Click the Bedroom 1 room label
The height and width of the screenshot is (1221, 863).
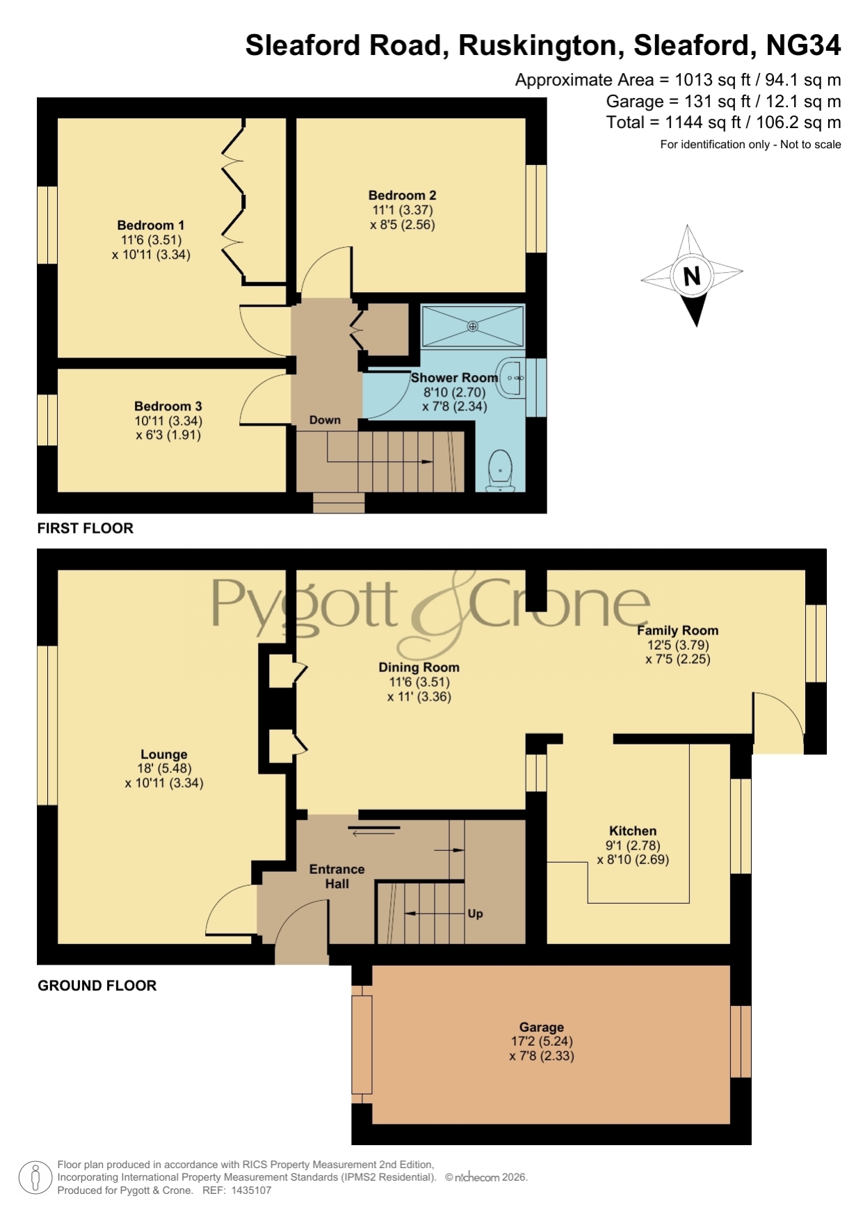tap(151, 225)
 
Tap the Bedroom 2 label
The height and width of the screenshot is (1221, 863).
tap(402, 195)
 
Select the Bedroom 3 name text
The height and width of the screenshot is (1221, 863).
tap(168, 406)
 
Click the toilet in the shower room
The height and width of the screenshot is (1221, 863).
tap(501, 470)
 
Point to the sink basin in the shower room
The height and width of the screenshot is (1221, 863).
tap(513, 378)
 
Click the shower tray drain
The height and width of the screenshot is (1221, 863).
tap(473, 326)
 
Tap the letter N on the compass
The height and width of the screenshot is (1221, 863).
tap(692, 276)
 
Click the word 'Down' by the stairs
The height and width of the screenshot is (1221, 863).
tap(325, 420)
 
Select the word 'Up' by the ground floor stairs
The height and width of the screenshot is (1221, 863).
tap(476, 913)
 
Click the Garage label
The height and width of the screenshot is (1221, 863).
tap(542, 1027)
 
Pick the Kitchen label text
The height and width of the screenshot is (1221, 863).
tap(633, 831)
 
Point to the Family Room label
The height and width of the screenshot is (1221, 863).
tap(678, 630)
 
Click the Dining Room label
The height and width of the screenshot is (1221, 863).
tap(419, 667)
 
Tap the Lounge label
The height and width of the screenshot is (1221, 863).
tap(164, 754)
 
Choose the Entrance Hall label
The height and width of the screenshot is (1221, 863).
tap(337, 877)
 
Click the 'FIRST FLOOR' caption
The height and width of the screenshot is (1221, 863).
tap(85, 528)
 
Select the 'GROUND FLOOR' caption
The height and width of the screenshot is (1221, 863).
tap(97, 985)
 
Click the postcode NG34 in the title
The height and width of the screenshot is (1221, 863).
tap(803, 45)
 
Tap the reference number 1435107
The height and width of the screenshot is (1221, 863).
tap(251, 1190)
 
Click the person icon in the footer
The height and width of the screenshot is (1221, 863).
tap(35, 1178)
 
